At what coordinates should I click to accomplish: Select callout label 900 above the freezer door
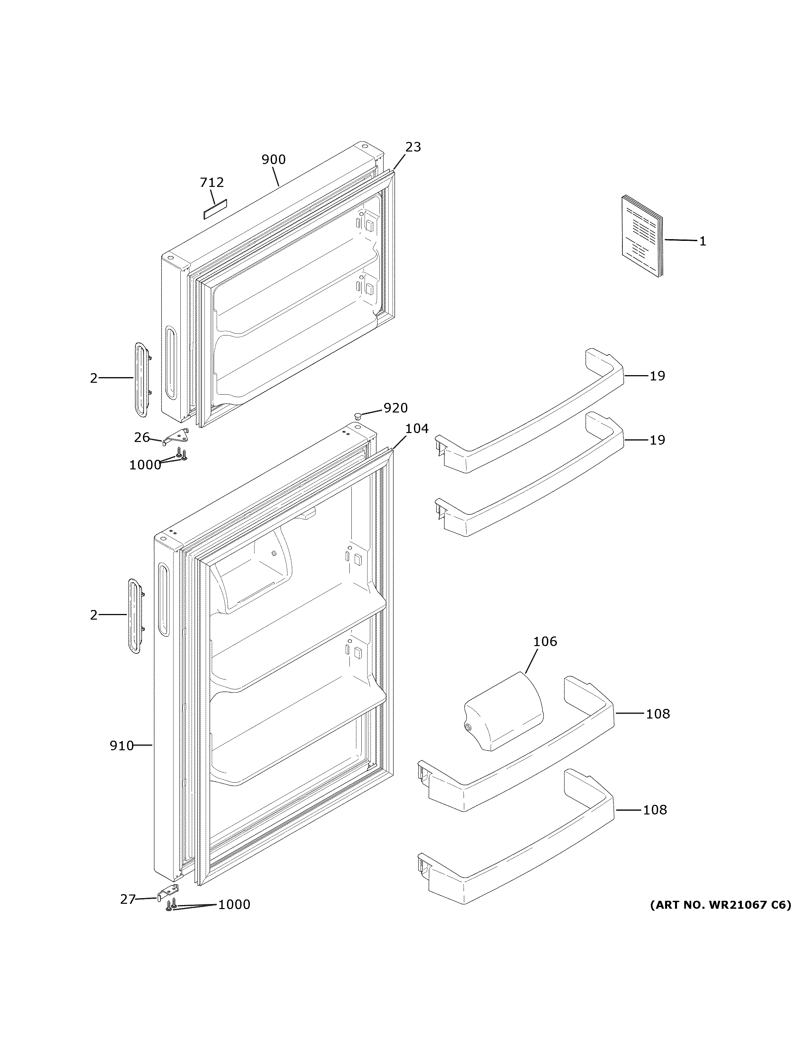click(x=274, y=159)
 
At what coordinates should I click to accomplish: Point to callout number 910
click(x=121, y=746)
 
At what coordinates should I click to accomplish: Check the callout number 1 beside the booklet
click(x=702, y=241)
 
